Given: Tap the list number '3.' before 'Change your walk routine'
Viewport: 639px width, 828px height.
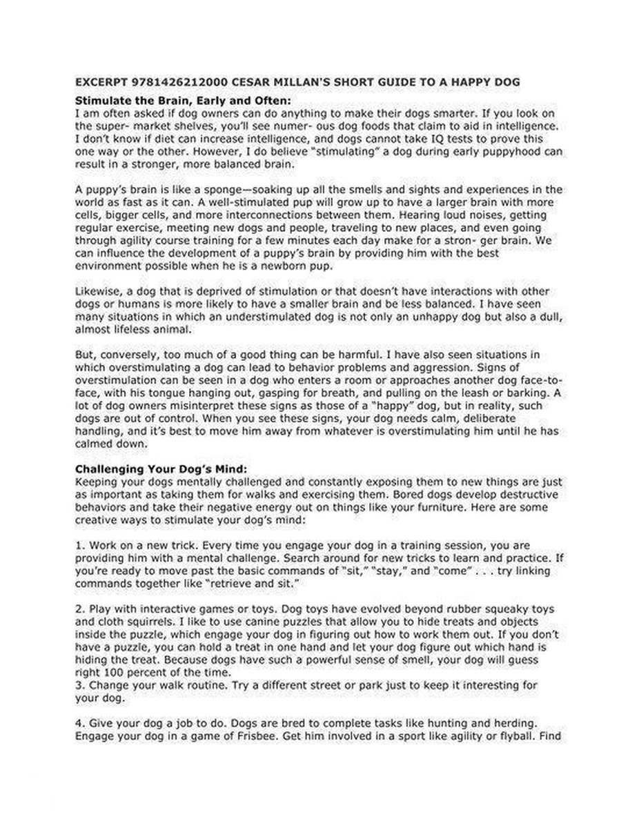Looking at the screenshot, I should coord(78,684).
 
